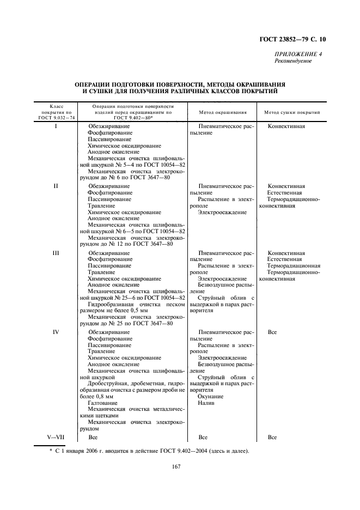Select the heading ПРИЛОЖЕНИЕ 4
(298, 54)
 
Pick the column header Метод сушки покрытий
(291, 112)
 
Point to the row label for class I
(56, 126)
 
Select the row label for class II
(56, 186)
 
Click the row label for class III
(56, 253)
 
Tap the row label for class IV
(56, 332)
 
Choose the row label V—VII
(56, 437)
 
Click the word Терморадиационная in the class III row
(294, 266)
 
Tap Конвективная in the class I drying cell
(286, 126)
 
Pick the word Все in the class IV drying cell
(272, 332)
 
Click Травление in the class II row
(101, 206)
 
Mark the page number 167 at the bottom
(176, 466)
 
